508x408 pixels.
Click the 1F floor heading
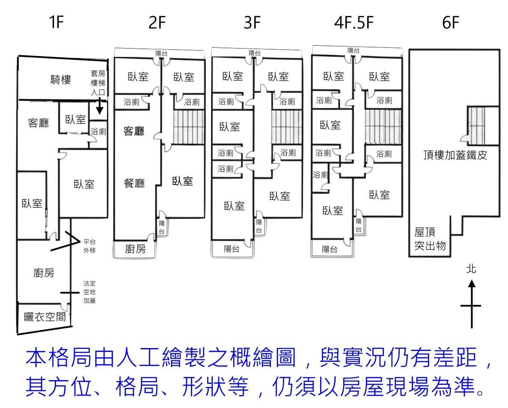(x=56, y=23)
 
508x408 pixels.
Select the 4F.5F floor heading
(x=354, y=23)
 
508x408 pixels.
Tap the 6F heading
(x=451, y=23)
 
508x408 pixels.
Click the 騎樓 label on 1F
(x=61, y=80)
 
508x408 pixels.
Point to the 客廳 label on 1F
(x=39, y=123)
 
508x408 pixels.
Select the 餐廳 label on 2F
(x=134, y=183)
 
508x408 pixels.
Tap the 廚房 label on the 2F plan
(x=135, y=249)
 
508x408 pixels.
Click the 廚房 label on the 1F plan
(x=44, y=272)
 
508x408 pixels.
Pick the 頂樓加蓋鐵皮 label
(x=454, y=155)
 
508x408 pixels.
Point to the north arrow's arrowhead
(x=471, y=283)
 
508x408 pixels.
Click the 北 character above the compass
(x=471, y=269)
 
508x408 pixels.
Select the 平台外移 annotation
(x=89, y=246)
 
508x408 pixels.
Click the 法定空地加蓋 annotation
(x=89, y=292)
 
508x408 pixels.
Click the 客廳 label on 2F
(x=134, y=131)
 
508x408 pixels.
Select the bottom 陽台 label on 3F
(x=232, y=249)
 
